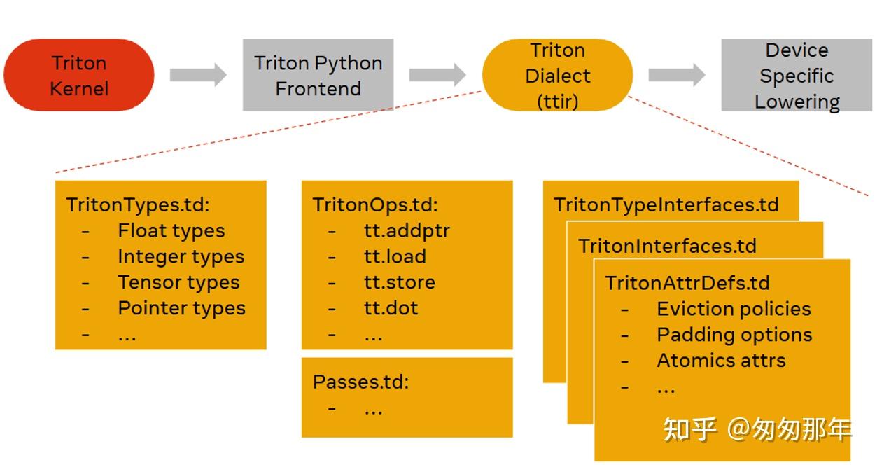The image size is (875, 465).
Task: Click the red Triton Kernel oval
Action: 79,75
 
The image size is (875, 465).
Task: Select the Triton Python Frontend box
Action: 318,75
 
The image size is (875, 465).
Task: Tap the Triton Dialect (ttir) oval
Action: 557,75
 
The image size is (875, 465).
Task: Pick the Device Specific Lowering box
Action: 797,75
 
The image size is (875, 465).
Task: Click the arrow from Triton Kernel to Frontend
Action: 198,75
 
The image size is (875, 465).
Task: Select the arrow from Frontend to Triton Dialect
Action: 437,75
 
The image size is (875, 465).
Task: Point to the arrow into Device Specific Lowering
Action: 676,75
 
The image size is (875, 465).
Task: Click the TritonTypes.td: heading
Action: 138,204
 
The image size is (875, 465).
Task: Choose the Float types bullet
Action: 171,230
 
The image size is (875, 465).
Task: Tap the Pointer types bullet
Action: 181,308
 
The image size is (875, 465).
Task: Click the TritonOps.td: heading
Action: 374,204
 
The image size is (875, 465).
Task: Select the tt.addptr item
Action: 406,230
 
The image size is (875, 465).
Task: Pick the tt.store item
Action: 399,282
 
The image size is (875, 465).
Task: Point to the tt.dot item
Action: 391,308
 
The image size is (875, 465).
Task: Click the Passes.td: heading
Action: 360,382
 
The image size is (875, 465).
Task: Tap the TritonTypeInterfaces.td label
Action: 666,204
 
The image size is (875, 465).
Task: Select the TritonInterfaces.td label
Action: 667,246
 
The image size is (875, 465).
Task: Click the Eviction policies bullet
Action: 734,309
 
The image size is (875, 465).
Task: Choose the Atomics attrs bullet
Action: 721,361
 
